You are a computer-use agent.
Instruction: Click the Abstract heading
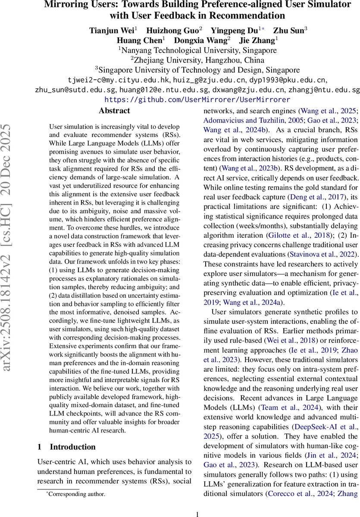[114, 111]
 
